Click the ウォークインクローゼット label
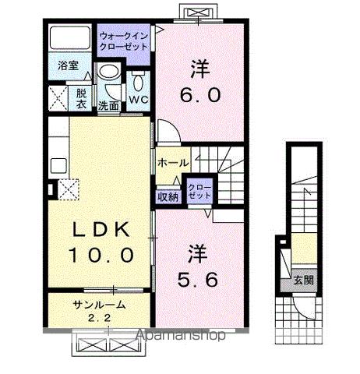pos(123,40)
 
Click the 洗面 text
pos(108,105)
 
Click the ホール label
pos(171,163)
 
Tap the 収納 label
pos(169,196)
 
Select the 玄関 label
pos(303,280)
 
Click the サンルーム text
pos(99,305)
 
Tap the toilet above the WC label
pos(139,80)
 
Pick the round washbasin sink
pos(110,75)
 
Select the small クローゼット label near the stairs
pos(198,192)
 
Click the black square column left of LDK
pos(51,188)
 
